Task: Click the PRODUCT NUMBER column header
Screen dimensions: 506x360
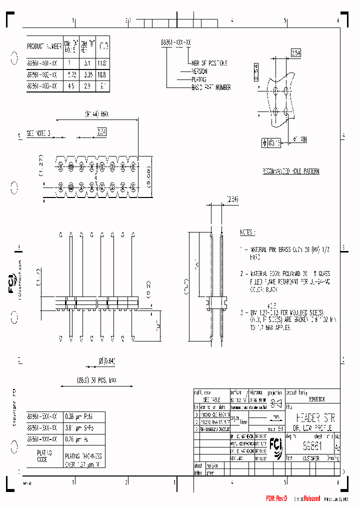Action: click(x=44, y=46)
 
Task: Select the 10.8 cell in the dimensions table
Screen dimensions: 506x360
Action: click(x=103, y=73)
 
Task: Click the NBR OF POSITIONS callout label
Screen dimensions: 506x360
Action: click(x=208, y=63)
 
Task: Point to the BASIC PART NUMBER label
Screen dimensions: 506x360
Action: click(x=211, y=87)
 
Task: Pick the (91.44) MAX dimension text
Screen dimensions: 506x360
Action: click(x=96, y=114)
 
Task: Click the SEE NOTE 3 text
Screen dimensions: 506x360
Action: click(x=38, y=133)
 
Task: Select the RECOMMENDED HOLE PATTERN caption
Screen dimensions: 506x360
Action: click(x=291, y=171)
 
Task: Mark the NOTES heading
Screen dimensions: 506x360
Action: click(x=247, y=232)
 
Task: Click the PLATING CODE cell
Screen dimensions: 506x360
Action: click(x=42, y=456)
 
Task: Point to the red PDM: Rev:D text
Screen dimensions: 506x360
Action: click(x=276, y=498)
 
